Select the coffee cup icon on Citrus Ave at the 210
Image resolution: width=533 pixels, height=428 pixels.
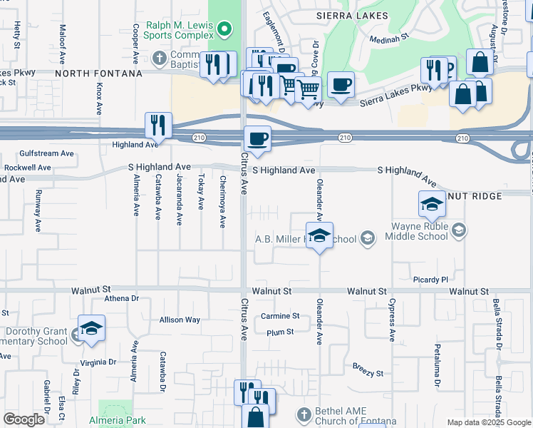pos(257,138)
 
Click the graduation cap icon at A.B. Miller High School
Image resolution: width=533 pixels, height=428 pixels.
pos(319,235)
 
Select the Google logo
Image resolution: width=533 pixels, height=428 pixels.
pos(24,419)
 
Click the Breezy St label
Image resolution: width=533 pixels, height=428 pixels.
pos(368,373)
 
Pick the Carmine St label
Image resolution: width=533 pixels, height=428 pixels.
pos(280,316)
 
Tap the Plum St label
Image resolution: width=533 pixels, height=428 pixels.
pos(280,332)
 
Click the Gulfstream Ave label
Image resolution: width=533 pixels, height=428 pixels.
pos(47,153)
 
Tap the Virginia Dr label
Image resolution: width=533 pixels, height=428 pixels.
pos(98,362)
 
